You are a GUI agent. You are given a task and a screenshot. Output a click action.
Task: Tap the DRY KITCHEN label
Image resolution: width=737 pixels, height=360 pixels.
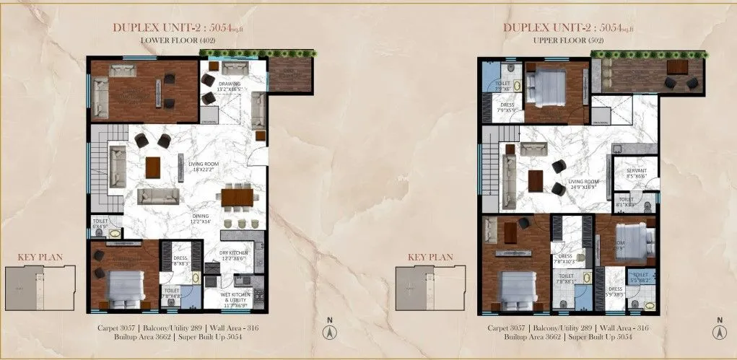(x=234, y=254)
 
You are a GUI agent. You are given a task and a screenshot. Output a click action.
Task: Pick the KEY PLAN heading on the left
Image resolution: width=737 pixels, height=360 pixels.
(x=40, y=256)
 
